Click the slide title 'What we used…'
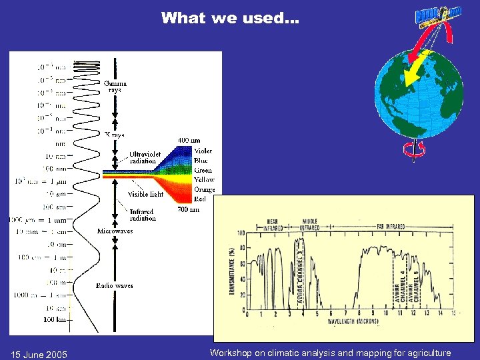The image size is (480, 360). pos(230,18)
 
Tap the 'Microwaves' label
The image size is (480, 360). pos(115,231)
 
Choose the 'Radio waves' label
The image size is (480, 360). pos(114,285)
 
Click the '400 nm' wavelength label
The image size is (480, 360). pos(188,141)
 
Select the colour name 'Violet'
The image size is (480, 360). pos(204,151)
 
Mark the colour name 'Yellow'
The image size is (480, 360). pos(204,180)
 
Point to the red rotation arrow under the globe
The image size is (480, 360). pos(413,151)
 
